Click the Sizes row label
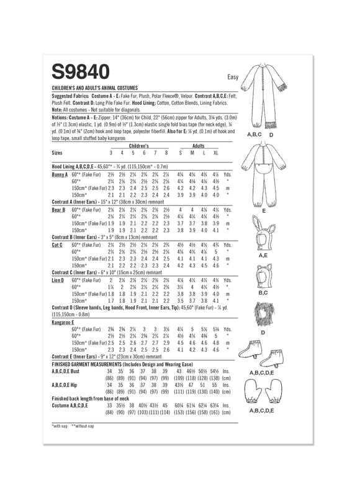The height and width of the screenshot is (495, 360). coord(58,152)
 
